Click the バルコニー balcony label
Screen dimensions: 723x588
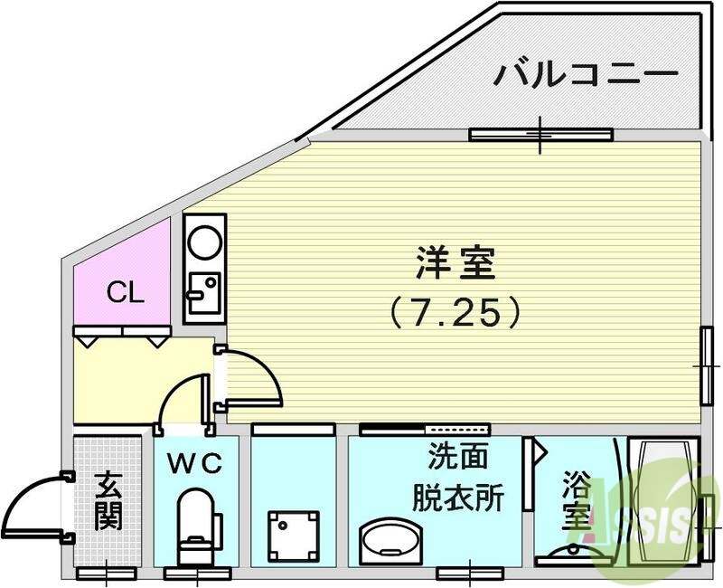(586, 75)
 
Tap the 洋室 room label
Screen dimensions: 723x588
(455, 263)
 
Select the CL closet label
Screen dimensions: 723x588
(126, 291)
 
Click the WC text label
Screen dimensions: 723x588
(195, 463)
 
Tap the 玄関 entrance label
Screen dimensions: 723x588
(108, 501)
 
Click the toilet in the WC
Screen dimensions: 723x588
(198, 526)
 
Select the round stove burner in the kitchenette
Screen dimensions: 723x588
(206, 242)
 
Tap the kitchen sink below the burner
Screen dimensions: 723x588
(204, 293)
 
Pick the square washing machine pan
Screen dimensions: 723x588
(294, 536)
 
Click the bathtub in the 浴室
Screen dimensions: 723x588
(663, 501)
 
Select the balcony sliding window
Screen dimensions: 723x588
(540, 134)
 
